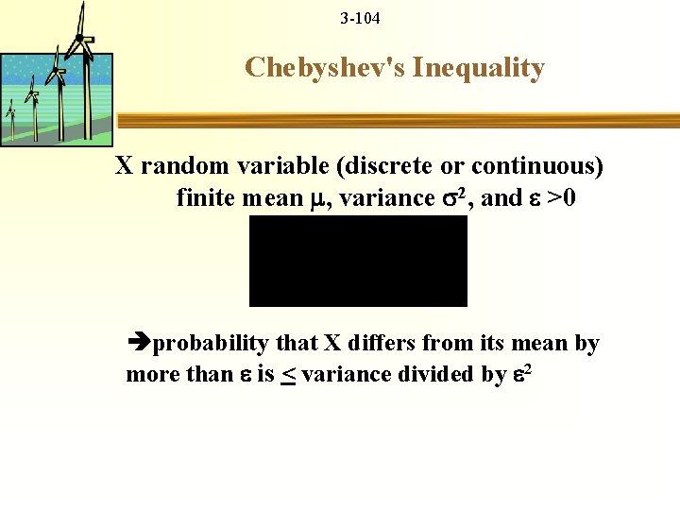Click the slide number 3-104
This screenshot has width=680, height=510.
(360, 18)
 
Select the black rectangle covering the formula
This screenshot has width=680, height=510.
(358, 261)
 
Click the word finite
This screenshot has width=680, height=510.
(205, 198)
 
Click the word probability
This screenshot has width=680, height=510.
(211, 344)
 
